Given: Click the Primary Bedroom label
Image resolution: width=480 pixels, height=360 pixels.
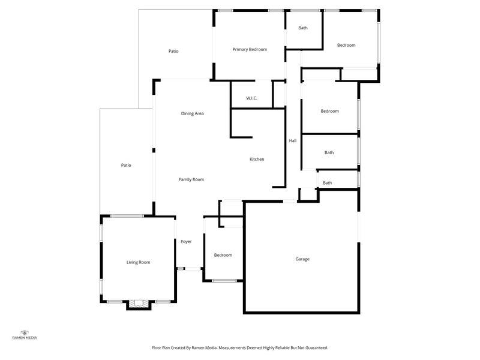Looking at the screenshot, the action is (x=250, y=49).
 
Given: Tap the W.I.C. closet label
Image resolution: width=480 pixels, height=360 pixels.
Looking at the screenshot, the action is (x=251, y=98).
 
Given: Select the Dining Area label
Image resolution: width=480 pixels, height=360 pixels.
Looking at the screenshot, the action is (x=192, y=113).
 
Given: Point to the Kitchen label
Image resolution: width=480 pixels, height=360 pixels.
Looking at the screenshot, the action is (x=257, y=159).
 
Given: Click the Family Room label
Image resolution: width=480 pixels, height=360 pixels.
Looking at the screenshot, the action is (x=191, y=179).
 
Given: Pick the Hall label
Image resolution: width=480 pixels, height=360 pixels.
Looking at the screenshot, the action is (x=293, y=141).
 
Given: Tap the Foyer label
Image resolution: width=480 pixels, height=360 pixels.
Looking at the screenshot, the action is (x=186, y=242).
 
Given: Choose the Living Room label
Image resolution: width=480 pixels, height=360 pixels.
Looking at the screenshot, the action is (x=139, y=262).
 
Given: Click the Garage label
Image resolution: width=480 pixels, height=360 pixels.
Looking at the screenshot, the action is (x=302, y=259).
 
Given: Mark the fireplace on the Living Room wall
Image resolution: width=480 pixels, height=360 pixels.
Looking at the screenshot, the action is (x=139, y=304).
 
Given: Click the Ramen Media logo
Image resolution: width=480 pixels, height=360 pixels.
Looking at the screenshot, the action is (x=25, y=335).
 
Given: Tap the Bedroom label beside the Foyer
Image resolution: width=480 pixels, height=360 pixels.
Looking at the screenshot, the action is (x=223, y=255).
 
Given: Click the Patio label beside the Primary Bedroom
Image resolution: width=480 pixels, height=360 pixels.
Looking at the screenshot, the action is (x=173, y=51).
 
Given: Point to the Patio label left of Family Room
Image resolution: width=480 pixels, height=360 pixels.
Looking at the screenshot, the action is (x=126, y=166).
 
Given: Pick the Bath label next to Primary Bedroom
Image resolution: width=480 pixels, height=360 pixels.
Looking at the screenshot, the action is (x=303, y=28).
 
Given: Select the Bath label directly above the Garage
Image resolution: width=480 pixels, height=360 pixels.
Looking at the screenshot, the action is (x=327, y=183).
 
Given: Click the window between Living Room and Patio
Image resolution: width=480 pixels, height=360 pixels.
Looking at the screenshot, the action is (x=127, y=216).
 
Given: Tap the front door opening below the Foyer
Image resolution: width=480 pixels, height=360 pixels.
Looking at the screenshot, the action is (x=193, y=269).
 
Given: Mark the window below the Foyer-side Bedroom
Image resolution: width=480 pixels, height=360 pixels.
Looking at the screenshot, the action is (x=224, y=281).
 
